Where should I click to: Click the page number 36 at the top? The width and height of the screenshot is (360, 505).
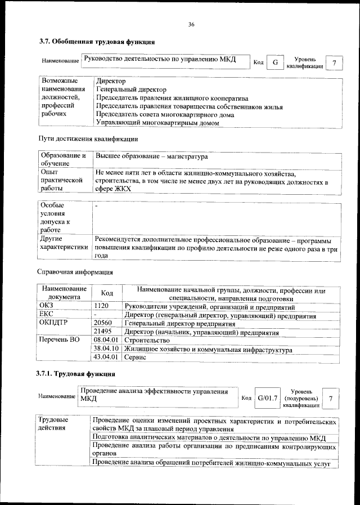pyautogui.click(x=191, y=24)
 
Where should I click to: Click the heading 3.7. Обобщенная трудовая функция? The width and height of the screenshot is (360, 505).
pyautogui.click(x=96, y=42)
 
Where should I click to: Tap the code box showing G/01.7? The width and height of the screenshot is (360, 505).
pyautogui.click(x=268, y=399)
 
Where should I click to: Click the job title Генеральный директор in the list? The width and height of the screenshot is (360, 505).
pyautogui.click(x=131, y=89)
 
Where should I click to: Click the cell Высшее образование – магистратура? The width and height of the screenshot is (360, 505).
pyautogui.click(x=152, y=156)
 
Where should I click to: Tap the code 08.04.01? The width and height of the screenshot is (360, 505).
pyautogui.click(x=106, y=341)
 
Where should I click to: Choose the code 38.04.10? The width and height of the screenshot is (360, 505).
pyautogui.click(x=106, y=349)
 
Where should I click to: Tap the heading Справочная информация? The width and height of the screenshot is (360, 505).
pyautogui.click(x=75, y=271)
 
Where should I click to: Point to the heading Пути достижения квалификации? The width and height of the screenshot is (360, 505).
pyautogui.click(x=88, y=138)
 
